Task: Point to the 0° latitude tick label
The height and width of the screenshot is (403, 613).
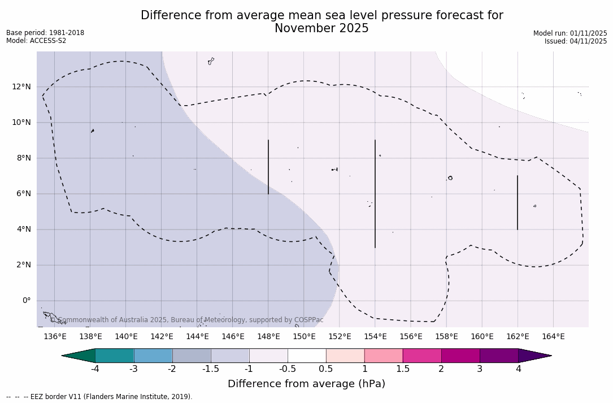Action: (26, 300)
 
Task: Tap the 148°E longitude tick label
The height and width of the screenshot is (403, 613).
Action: (268, 336)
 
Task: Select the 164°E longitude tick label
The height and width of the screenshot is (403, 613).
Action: (553, 336)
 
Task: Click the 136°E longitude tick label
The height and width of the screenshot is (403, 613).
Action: (55, 336)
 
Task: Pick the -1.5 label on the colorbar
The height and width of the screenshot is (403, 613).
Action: (211, 369)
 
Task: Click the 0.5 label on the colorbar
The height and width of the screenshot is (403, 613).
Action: (326, 369)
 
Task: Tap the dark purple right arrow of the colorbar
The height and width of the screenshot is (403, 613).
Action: (534, 356)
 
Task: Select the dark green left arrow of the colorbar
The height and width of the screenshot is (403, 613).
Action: (79, 356)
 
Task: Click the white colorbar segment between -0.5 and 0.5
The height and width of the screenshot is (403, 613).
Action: (307, 356)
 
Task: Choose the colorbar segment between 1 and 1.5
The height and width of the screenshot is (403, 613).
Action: (384, 356)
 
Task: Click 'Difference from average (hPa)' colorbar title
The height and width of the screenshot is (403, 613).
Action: (306, 384)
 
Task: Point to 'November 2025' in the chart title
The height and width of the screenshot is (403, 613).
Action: (321, 28)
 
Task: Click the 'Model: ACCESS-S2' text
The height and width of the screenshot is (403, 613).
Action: (36, 41)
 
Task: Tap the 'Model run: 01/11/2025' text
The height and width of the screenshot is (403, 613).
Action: (570, 33)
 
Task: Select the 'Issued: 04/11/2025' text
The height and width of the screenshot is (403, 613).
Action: (576, 41)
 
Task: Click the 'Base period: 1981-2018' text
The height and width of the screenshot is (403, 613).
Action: (45, 33)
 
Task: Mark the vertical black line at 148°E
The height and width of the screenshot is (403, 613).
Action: (268, 167)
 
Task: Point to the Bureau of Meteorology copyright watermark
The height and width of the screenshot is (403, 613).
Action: (187, 320)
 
